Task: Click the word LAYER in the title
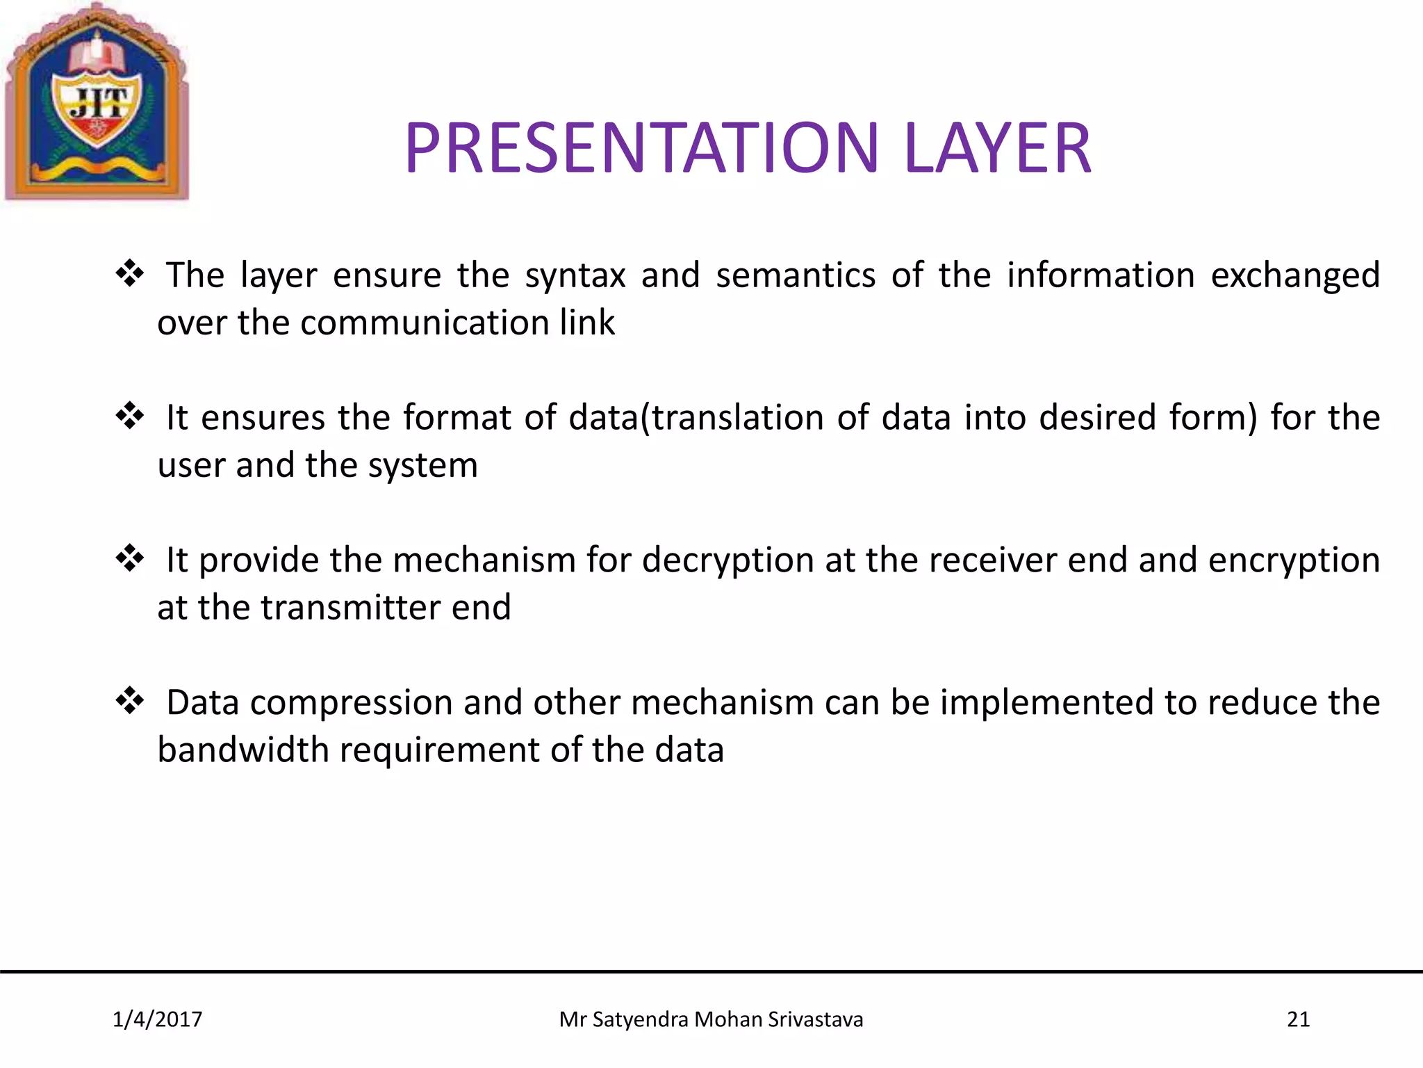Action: (x=998, y=148)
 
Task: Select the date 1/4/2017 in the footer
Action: (x=157, y=1019)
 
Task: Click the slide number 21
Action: (x=1298, y=1019)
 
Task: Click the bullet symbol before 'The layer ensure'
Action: (x=129, y=273)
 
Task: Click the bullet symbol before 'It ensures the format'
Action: (x=129, y=416)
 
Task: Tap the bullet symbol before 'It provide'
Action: (x=129, y=558)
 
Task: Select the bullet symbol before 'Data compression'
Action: (x=129, y=701)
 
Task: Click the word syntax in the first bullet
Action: (x=575, y=276)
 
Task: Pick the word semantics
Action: (x=796, y=276)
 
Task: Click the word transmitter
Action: (x=351, y=608)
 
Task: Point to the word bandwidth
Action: (x=242, y=750)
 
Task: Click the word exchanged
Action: (x=1294, y=276)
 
